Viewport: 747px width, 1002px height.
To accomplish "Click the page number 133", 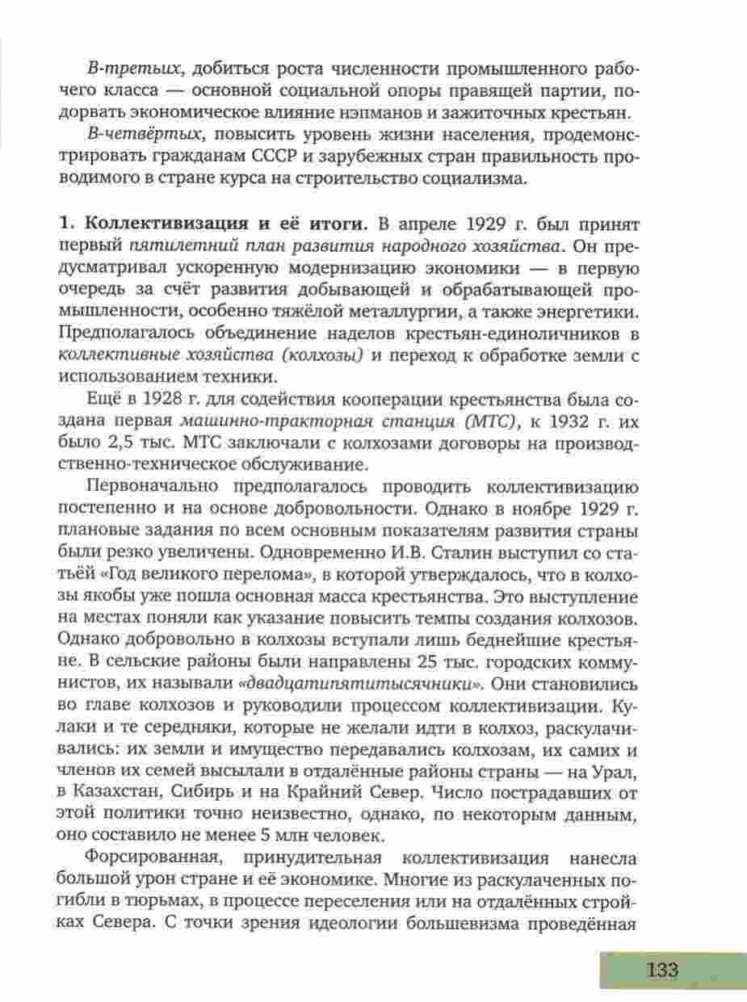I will click(661, 969).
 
